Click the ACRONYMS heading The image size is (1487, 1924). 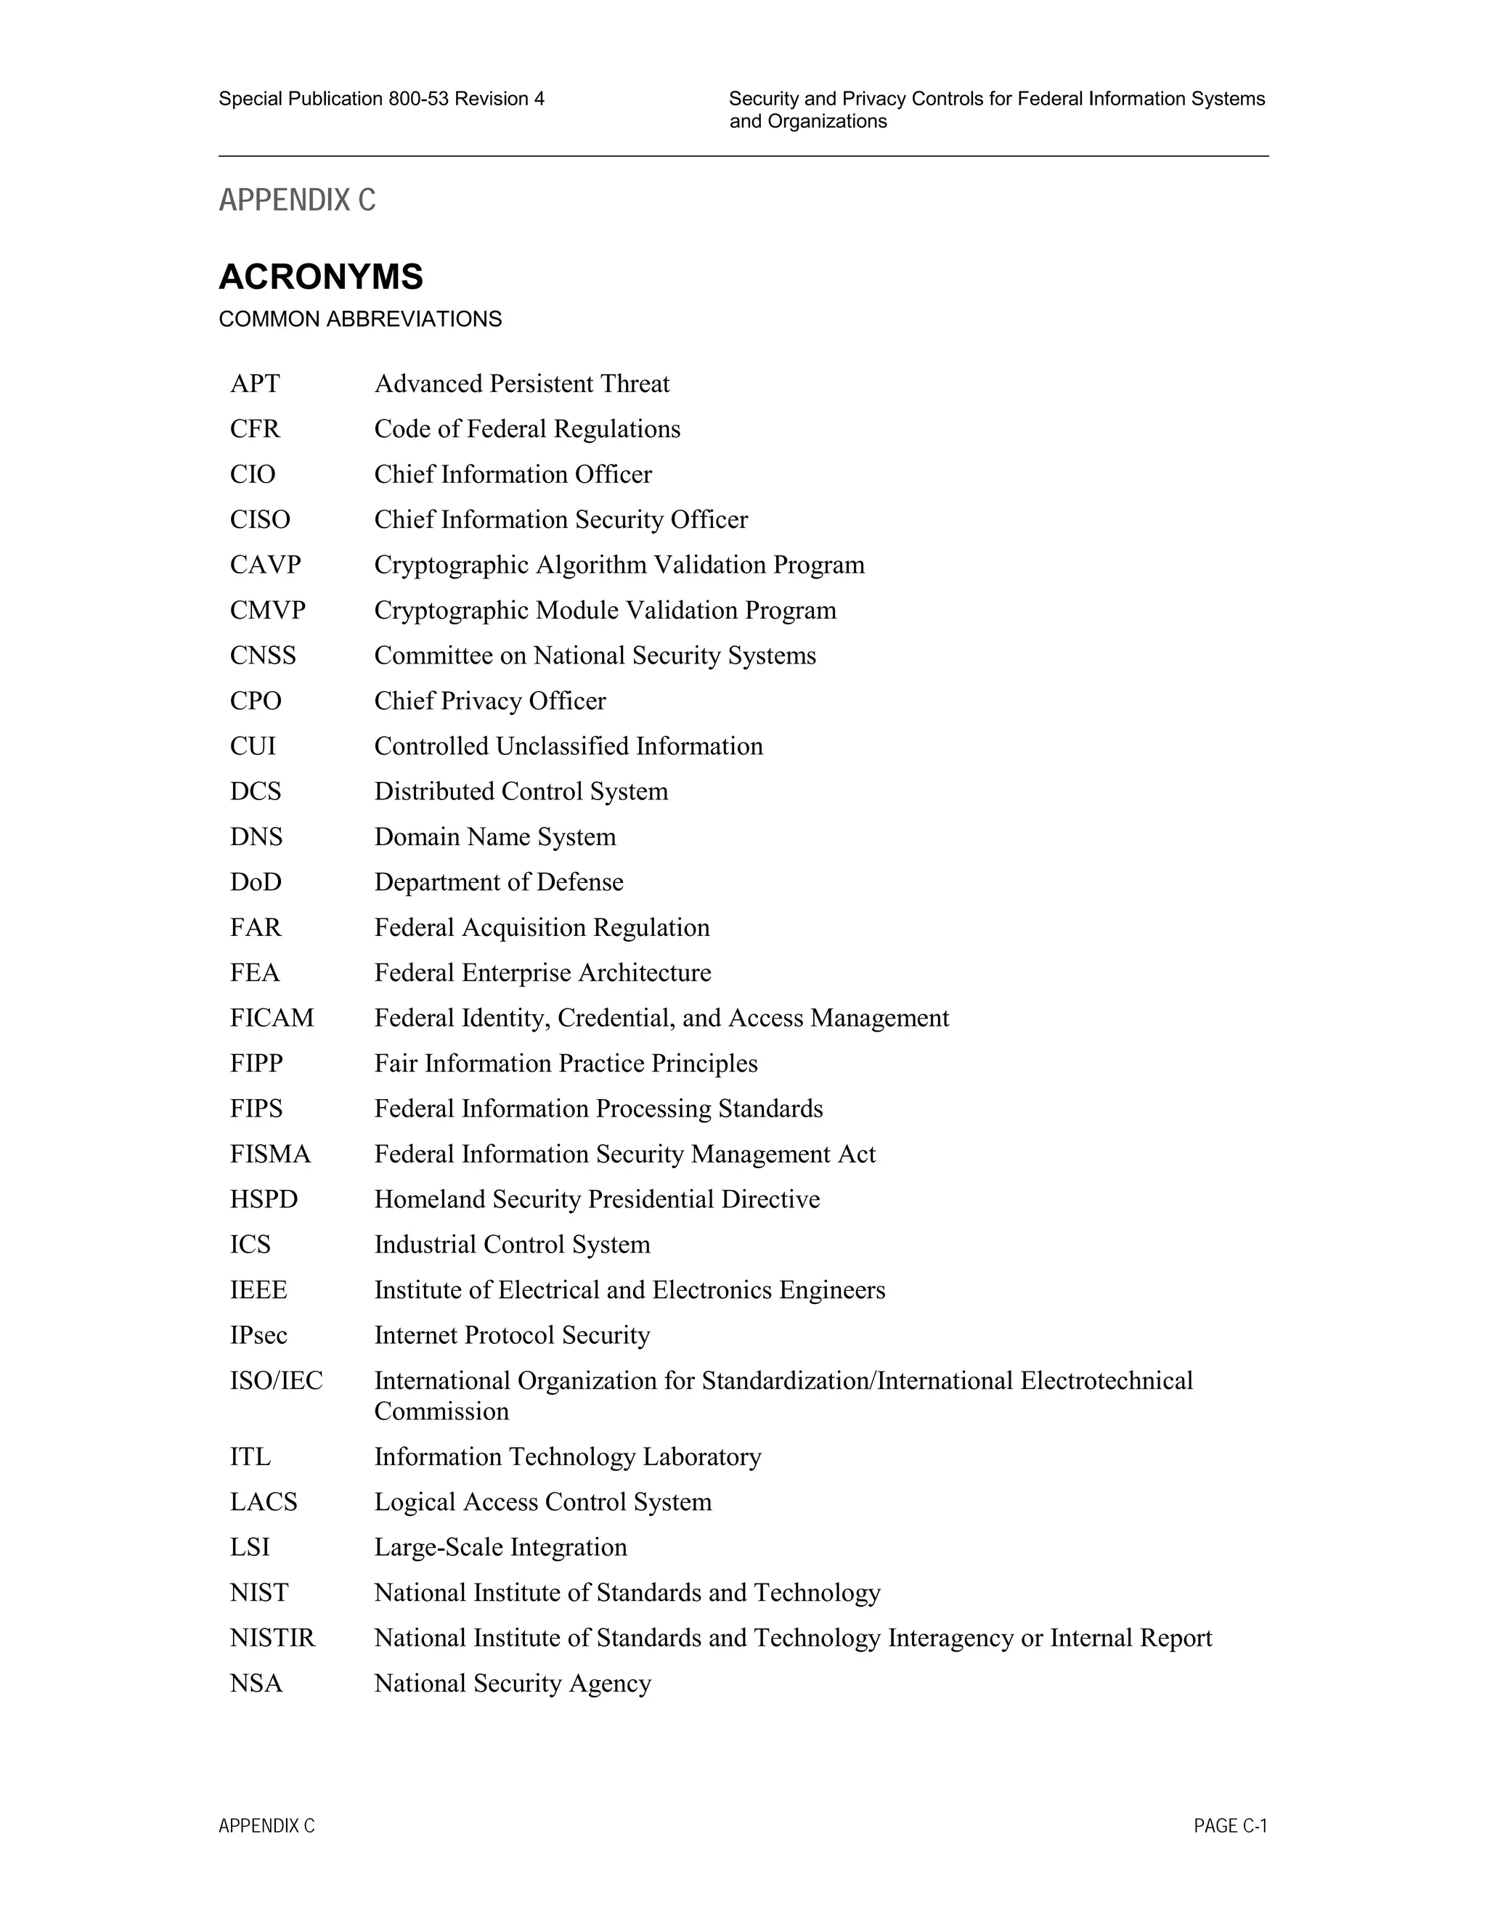pyautogui.click(x=321, y=277)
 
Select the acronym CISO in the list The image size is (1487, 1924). pyautogui.click(x=260, y=520)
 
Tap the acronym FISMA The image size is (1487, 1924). pyautogui.click(x=270, y=1154)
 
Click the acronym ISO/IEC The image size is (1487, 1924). pyautogui.click(x=276, y=1380)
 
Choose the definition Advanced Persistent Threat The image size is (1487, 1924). pyautogui.click(x=521, y=384)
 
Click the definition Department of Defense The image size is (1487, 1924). pyautogui.click(x=499, y=882)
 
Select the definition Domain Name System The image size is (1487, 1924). pyautogui.click(x=495, y=837)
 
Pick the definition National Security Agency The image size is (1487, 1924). pyautogui.click(x=513, y=1684)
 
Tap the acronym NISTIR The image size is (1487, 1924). pyautogui.click(x=272, y=1639)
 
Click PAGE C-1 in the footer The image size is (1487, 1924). pyautogui.click(x=1230, y=1826)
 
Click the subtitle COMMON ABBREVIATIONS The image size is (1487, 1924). pyautogui.click(x=360, y=319)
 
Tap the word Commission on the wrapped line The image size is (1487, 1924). pyautogui.click(x=441, y=1411)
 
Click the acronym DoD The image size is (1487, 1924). pyautogui.click(x=256, y=882)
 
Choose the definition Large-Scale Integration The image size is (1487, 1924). pyautogui.click(x=500, y=1548)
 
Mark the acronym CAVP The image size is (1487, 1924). pyautogui.click(x=265, y=565)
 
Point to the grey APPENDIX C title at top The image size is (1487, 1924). pyautogui.click(x=297, y=201)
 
